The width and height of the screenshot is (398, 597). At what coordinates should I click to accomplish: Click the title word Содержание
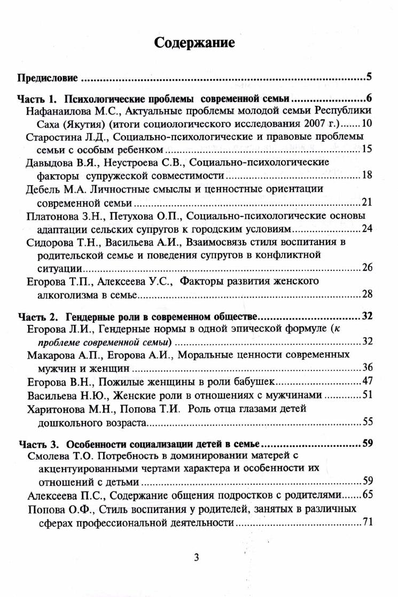(x=194, y=43)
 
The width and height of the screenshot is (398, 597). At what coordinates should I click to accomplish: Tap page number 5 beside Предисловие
(x=369, y=76)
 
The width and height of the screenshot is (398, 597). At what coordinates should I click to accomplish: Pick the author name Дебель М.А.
(x=53, y=189)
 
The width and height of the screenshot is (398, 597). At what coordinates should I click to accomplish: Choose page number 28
(x=367, y=294)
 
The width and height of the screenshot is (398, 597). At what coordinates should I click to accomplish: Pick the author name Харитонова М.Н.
(x=67, y=408)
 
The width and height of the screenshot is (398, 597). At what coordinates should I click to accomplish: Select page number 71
(x=367, y=522)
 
